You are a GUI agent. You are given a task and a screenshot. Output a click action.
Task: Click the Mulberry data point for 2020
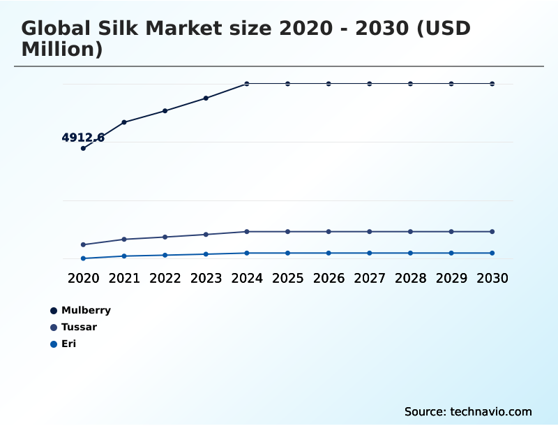(83, 148)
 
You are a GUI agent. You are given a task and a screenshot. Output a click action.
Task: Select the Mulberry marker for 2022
(165, 111)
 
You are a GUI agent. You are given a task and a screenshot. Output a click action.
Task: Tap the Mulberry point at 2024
(247, 84)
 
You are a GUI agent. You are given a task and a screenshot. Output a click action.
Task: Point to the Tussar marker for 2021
(124, 240)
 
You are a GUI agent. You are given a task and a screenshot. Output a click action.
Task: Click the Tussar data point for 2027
(370, 232)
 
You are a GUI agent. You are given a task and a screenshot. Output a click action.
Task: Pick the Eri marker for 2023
(206, 254)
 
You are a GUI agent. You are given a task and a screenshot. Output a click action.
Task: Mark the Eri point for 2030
(492, 253)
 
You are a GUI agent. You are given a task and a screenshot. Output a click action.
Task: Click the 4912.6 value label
(83, 138)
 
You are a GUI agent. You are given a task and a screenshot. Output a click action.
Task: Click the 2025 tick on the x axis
(287, 278)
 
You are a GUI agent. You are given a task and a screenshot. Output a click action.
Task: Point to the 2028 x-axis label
(410, 278)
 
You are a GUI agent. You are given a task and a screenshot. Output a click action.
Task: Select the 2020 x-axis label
(83, 278)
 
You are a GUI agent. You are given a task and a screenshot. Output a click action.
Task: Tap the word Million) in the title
(62, 50)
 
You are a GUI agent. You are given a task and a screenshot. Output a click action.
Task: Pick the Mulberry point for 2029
(451, 84)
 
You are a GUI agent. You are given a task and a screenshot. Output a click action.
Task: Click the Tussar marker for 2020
(83, 244)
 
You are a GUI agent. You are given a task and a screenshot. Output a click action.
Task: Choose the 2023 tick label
(206, 278)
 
